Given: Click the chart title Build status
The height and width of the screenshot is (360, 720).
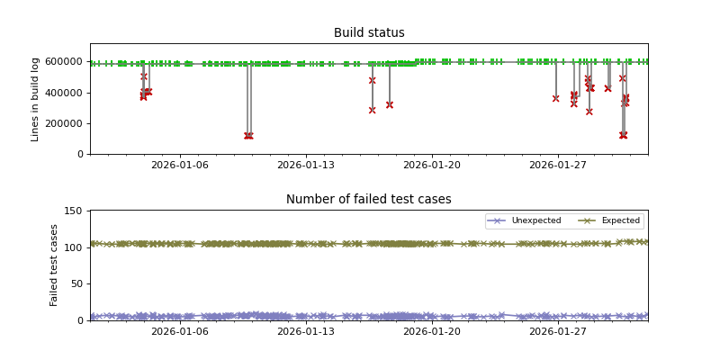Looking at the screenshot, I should pos(369,33).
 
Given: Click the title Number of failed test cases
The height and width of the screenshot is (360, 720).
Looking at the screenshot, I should pos(369,200).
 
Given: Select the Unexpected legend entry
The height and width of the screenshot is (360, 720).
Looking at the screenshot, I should pos(535,220).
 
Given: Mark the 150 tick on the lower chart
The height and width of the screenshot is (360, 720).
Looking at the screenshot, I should pos(74,211).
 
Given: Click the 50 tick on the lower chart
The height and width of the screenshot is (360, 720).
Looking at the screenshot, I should pos(76,283).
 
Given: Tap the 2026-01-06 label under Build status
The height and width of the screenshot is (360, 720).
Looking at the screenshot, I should pos(179,166).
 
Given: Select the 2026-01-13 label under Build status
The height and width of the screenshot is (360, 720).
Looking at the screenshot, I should pos(305,166).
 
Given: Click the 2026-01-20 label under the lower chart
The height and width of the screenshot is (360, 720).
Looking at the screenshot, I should pos(431,332).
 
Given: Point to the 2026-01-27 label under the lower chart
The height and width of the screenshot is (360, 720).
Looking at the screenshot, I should pos(558,332).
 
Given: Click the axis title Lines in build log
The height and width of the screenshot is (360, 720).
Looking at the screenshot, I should pos(36,99).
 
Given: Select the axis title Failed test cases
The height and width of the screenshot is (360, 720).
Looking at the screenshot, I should pos(54,265).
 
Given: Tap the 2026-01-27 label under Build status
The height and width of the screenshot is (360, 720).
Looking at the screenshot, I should pos(558,166).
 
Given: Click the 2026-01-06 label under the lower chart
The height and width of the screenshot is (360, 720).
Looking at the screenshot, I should pos(179,332).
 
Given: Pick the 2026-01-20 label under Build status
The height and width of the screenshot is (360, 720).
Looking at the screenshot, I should pos(431,166).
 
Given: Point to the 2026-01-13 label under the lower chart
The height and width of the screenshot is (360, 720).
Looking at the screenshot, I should pos(305,332).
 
